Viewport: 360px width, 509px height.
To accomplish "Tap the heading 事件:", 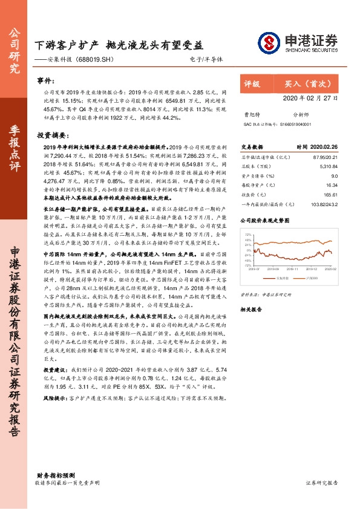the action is [46, 80].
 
